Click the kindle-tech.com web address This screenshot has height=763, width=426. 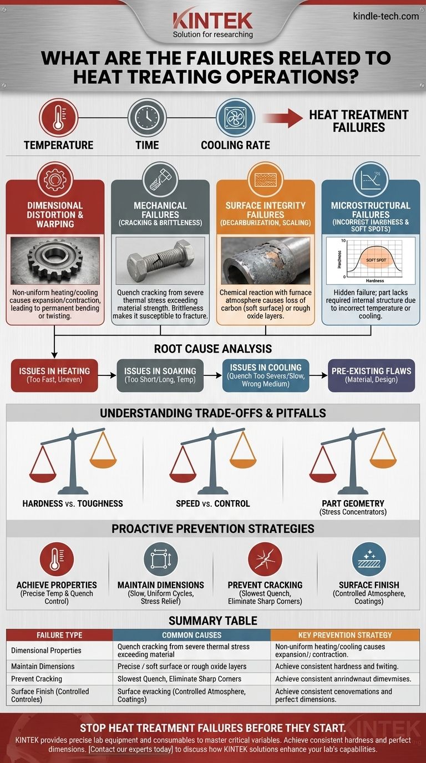386,16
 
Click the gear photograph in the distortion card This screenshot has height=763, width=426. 55,261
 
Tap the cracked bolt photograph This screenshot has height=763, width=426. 160,261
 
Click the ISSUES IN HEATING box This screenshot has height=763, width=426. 54,375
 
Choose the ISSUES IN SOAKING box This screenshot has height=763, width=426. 160,375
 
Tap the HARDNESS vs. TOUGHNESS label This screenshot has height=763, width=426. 73,503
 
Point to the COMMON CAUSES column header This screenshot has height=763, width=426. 191,635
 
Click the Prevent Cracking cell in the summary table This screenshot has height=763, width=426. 37,679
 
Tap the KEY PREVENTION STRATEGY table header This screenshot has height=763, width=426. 344,635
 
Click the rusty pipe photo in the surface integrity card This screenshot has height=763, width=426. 265,261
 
